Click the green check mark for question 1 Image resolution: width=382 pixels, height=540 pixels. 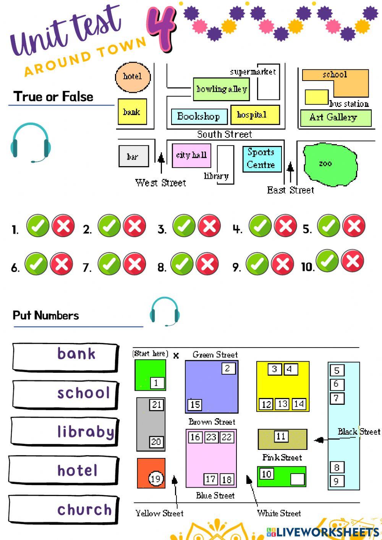(x=37, y=225)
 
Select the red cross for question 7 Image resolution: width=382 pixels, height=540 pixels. (x=134, y=264)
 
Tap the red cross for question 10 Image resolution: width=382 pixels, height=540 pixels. (x=353, y=261)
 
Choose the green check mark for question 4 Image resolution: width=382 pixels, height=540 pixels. (x=260, y=225)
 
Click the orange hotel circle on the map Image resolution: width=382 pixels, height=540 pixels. (x=133, y=78)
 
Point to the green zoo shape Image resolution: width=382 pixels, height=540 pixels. (x=330, y=165)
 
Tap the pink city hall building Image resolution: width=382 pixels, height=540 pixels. (x=191, y=155)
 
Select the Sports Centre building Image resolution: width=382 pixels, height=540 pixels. (x=262, y=159)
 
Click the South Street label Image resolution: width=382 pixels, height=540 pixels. (x=225, y=134)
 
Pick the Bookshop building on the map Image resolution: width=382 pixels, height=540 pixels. (x=199, y=116)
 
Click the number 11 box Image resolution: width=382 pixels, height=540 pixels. (x=281, y=436)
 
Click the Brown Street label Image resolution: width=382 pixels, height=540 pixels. (x=212, y=422)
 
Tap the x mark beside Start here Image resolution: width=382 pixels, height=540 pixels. (x=176, y=355)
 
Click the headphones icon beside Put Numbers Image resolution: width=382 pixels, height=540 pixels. (x=165, y=311)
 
